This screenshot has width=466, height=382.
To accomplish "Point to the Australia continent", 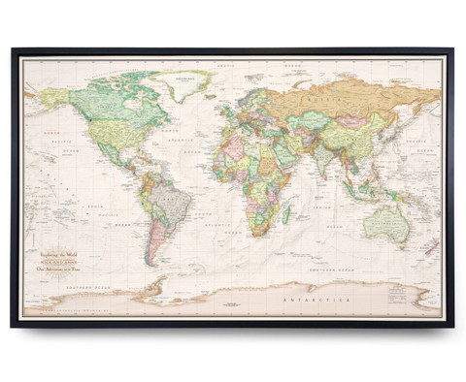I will [383, 222].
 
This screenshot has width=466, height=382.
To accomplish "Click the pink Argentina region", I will [153, 238].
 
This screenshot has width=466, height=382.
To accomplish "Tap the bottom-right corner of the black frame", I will [451, 324].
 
